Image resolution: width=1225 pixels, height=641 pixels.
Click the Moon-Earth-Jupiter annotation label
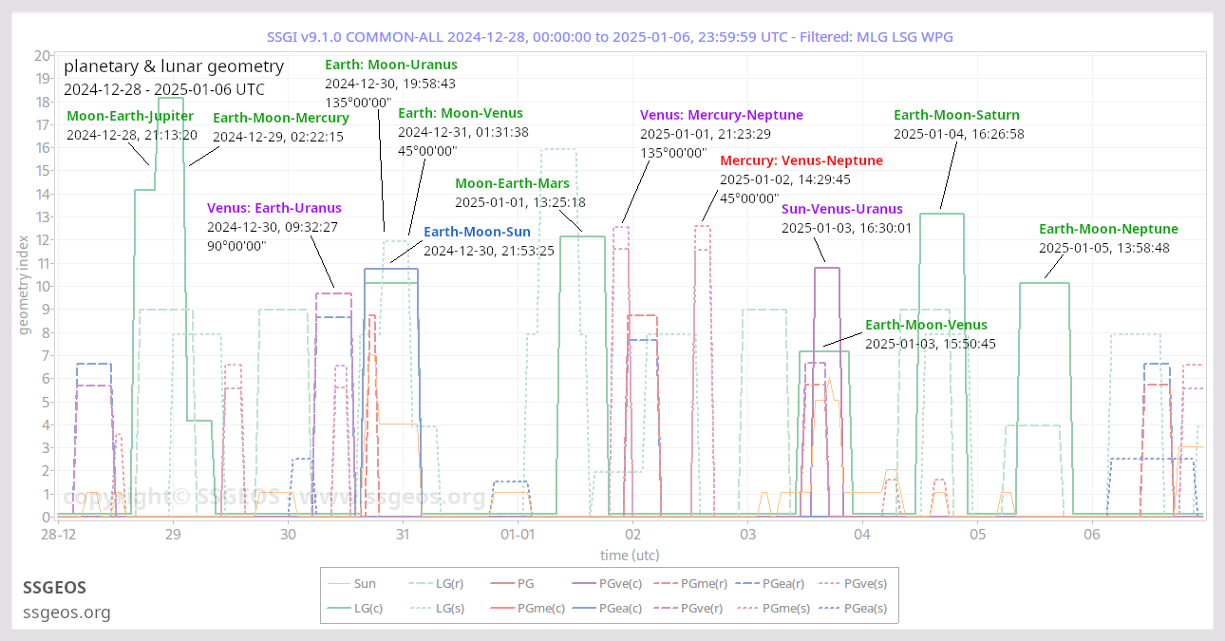click(x=130, y=116)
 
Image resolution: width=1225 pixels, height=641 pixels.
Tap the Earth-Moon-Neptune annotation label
click(x=1108, y=229)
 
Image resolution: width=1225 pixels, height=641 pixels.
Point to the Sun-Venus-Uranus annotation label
click(x=842, y=209)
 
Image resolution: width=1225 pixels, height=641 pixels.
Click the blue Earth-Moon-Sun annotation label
click(x=477, y=232)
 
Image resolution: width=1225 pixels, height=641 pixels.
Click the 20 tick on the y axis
click(x=42, y=56)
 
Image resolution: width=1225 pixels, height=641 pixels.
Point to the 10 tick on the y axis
click(x=42, y=286)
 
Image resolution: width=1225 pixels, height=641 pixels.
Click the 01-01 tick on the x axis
click(x=517, y=535)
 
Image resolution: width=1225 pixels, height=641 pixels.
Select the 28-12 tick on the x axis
click(x=59, y=535)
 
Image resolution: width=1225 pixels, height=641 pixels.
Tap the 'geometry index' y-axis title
click(x=24, y=286)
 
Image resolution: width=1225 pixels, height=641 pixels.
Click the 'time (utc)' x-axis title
click(x=630, y=555)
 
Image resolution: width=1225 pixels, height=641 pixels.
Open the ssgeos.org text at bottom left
click(x=66, y=613)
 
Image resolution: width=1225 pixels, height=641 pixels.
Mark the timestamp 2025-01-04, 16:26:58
click(x=946, y=134)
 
